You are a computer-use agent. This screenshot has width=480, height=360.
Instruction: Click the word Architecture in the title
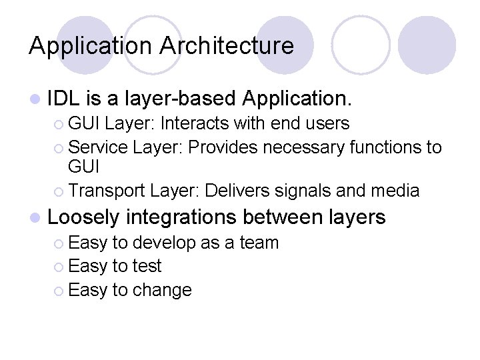pos(226,45)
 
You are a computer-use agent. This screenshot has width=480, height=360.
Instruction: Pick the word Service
pos(98,147)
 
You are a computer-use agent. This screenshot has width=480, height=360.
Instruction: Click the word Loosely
pos(83,217)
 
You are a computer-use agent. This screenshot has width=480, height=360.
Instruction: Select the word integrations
pos(181,217)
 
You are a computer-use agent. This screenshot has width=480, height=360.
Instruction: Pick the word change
pos(162,290)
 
